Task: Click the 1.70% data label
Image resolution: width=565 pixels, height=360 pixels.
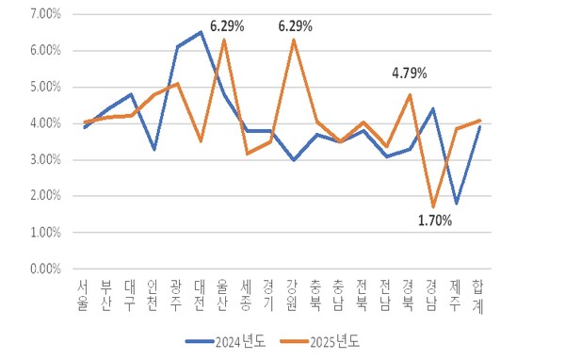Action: (433, 221)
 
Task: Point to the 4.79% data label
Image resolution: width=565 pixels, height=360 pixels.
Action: (410, 73)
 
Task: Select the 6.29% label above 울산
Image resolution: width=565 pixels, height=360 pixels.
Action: (226, 26)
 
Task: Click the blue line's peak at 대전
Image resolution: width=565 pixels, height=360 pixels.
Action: (200, 32)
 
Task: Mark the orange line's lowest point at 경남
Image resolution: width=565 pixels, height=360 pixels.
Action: (433, 206)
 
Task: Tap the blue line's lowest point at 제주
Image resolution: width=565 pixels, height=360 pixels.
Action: (457, 203)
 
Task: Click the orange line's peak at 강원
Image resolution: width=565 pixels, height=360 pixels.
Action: (294, 40)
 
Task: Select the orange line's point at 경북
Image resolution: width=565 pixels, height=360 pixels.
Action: (410, 94)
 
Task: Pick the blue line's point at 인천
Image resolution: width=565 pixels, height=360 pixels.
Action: (153, 149)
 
